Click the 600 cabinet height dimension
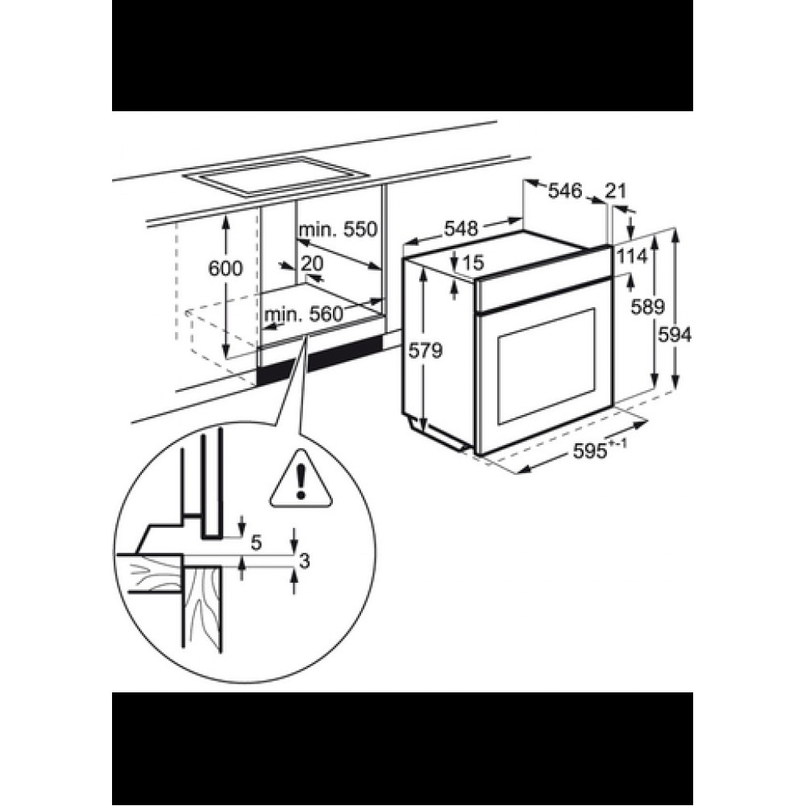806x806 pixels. click(x=225, y=268)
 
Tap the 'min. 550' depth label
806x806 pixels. click(x=339, y=229)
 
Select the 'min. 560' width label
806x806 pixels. click(x=303, y=314)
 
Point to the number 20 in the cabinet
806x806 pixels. click(x=312, y=264)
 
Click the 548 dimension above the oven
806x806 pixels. click(x=461, y=228)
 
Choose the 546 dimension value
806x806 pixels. click(x=565, y=191)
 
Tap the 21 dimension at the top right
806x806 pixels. click(x=616, y=191)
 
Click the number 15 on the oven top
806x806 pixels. click(x=473, y=263)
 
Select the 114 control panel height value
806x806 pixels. click(x=632, y=256)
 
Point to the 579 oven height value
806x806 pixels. click(x=425, y=351)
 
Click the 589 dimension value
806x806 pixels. click(x=648, y=307)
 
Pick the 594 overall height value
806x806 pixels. click(x=675, y=335)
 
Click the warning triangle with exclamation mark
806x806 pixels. click(x=300, y=477)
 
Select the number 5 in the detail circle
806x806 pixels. click(x=256, y=542)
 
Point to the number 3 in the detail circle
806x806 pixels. click(x=304, y=561)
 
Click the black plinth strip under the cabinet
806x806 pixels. click(x=320, y=359)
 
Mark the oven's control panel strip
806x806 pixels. click(x=542, y=279)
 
